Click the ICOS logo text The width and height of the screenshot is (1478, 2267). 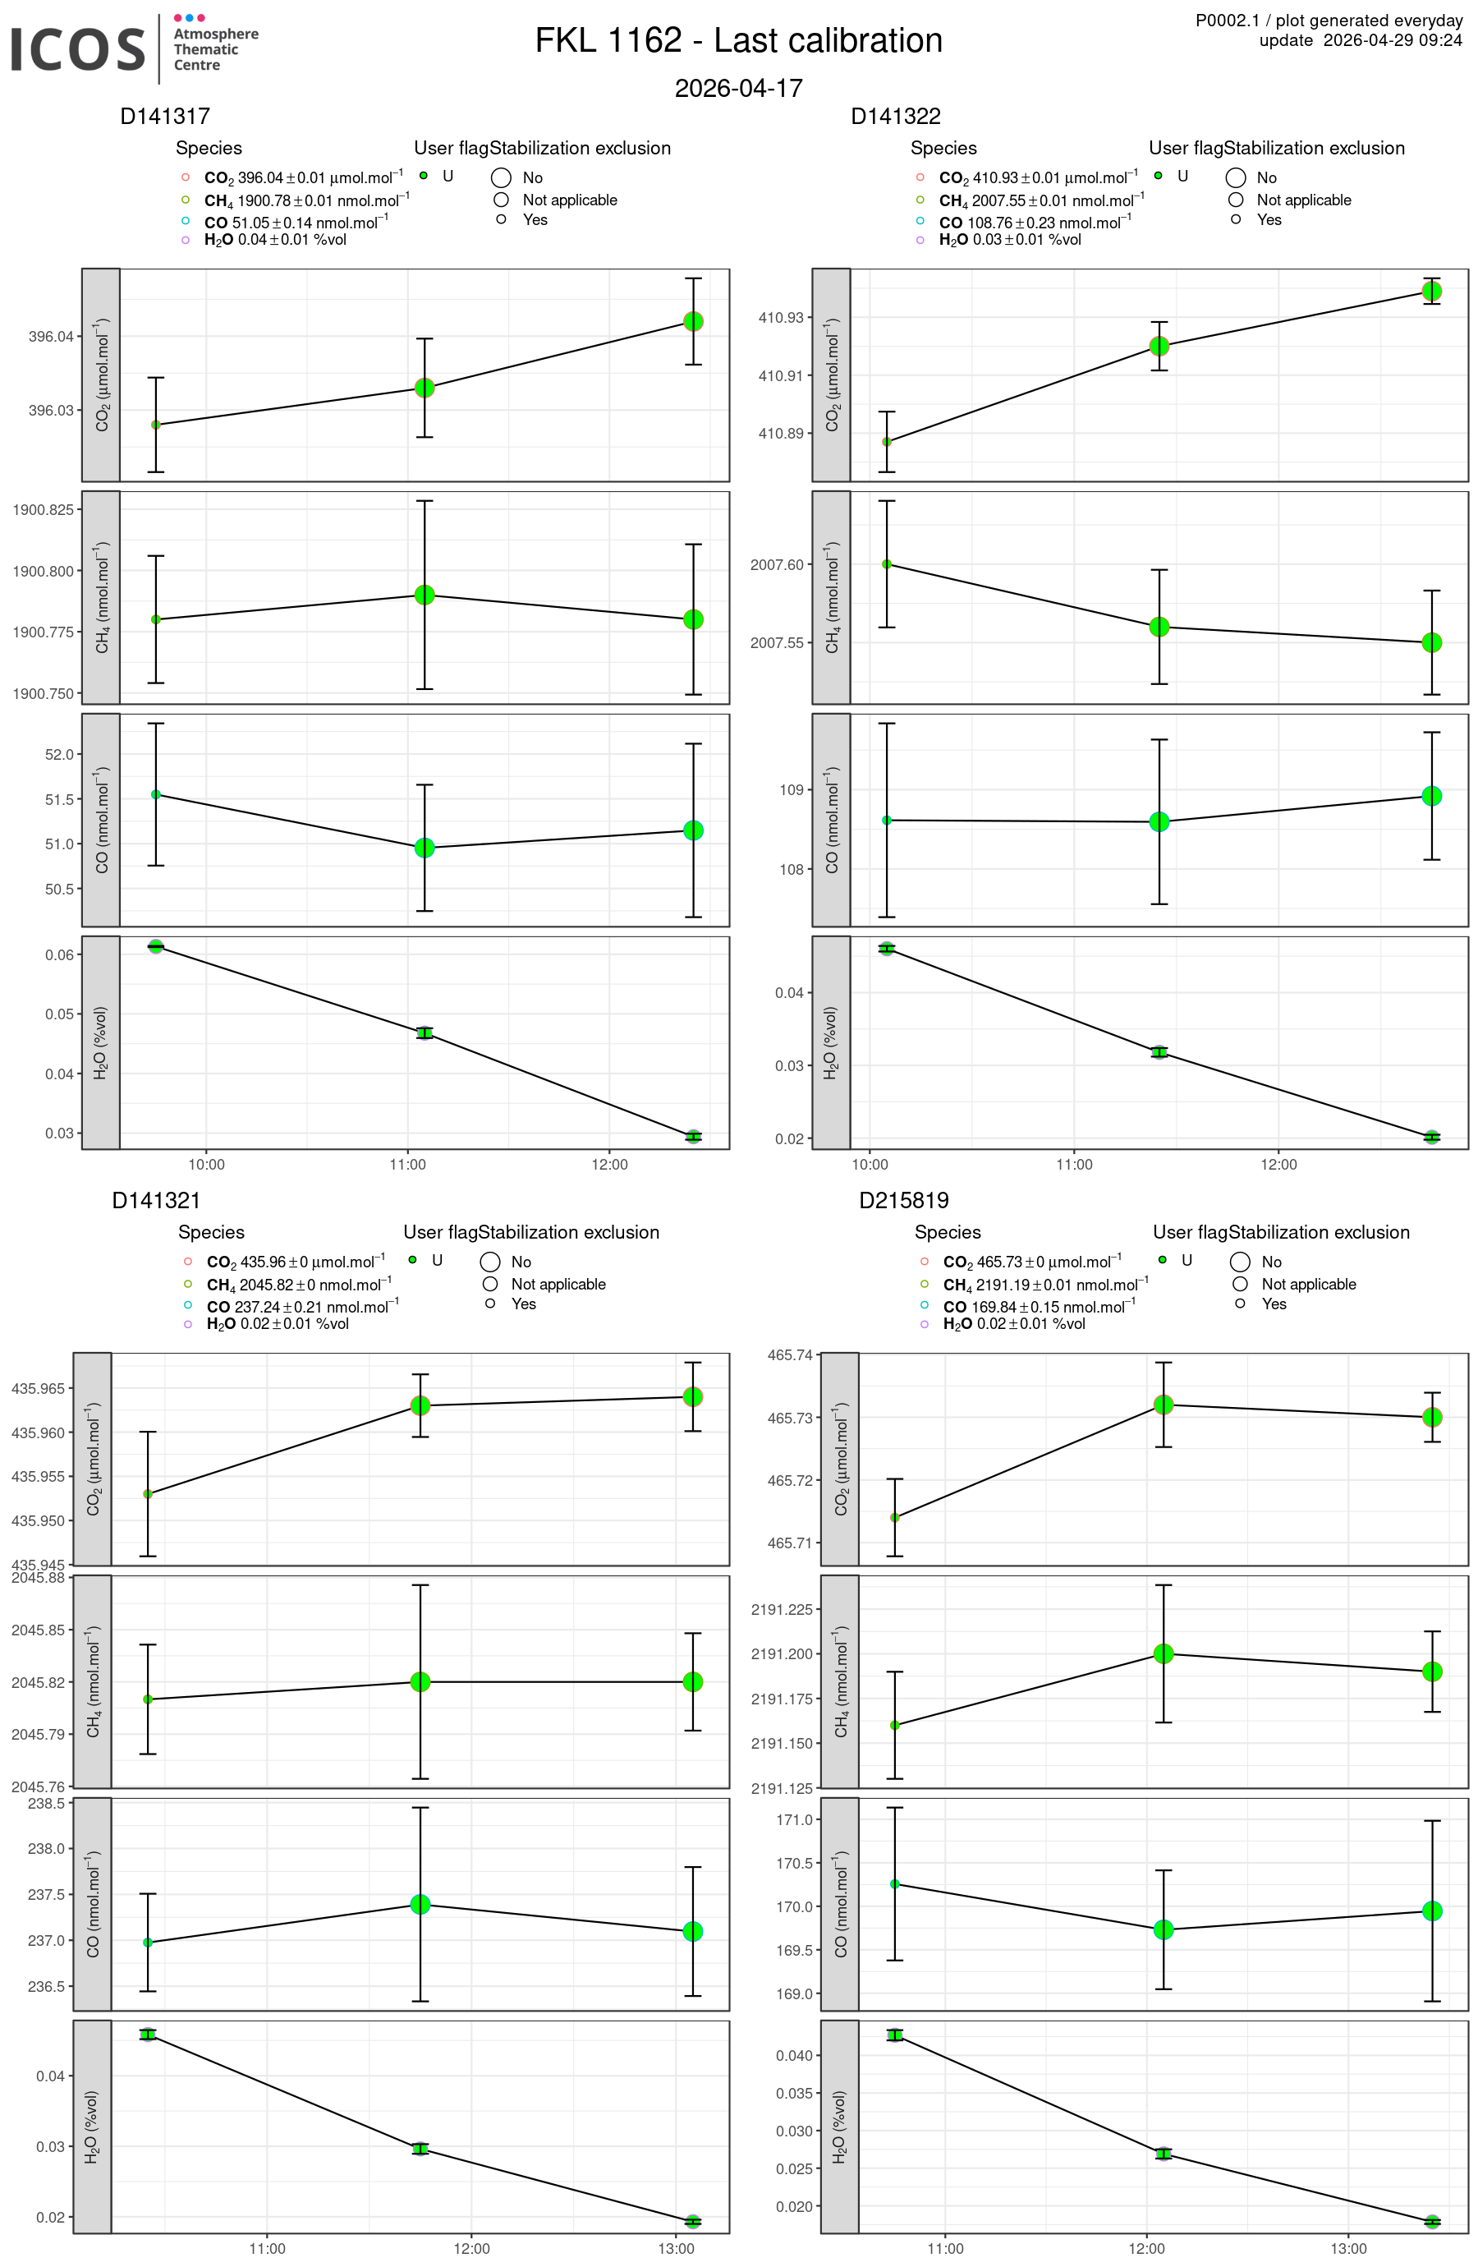tap(78, 48)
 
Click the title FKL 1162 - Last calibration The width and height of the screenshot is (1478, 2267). tap(738, 41)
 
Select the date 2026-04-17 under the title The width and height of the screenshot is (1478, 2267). tap(738, 89)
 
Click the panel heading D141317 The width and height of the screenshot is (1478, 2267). tap(165, 116)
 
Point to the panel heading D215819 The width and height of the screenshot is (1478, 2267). tap(904, 1200)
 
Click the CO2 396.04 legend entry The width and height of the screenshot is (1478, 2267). tap(303, 178)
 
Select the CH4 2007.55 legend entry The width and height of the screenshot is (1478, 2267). tap(1041, 201)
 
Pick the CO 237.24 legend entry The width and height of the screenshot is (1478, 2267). tap(302, 1307)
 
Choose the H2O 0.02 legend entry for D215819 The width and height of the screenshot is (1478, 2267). tap(1013, 1324)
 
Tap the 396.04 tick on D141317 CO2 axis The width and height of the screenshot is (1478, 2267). tap(50, 336)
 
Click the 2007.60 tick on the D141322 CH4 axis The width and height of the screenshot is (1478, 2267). tap(776, 565)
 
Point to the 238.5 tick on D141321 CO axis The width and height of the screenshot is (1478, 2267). tap(47, 1803)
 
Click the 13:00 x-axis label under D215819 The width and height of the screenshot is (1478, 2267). tap(1348, 2249)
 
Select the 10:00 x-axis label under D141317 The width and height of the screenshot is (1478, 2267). tap(207, 1164)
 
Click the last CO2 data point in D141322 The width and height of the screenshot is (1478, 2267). tap(1431, 291)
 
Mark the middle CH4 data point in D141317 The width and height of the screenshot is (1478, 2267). tap(425, 595)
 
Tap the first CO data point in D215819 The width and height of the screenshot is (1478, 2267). tap(894, 1884)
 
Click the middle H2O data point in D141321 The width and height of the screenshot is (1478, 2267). tap(420, 2149)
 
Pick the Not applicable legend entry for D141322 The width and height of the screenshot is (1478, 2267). tap(1303, 200)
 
